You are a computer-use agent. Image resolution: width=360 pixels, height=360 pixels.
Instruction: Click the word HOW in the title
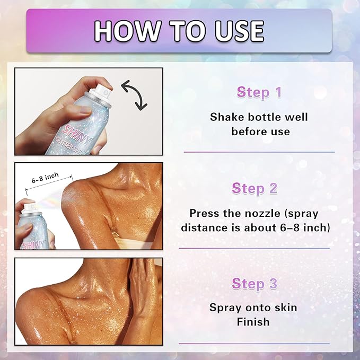pos(127,31)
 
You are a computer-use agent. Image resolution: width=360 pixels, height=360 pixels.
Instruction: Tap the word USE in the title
pos(239,31)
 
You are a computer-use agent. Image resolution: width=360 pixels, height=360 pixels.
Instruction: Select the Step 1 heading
pos(259,92)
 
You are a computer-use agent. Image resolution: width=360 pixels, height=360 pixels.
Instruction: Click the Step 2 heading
pos(254,189)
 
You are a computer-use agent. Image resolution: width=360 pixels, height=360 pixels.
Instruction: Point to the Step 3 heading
pos(254,283)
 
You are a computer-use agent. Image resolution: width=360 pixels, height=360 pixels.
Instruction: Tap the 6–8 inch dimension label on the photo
pos(45,178)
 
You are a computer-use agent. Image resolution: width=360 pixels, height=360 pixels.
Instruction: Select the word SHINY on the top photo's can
pos(77,135)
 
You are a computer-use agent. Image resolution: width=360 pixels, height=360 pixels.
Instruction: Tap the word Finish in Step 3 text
pos(253,322)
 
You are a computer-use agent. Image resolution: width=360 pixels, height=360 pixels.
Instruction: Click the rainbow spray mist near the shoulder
pos(51,200)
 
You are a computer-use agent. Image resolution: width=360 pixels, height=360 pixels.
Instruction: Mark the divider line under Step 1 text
pos(259,152)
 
